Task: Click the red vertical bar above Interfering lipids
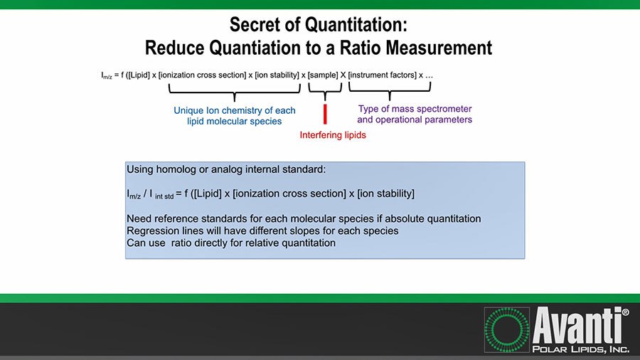pyautogui.click(x=325, y=114)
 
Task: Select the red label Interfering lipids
pyautogui.click(x=333, y=135)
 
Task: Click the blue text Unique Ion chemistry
pyautogui.click(x=235, y=111)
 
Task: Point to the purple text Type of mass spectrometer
pyautogui.click(x=415, y=110)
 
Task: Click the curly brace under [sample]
pyautogui.click(x=325, y=90)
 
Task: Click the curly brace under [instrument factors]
pyautogui.click(x=390, y=90)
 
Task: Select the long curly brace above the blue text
pyautogui.click(x=235, y=91)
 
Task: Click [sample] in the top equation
pyautogui.click(x=324, y=75)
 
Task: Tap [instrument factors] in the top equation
pyautogui.click(x=382, y=75)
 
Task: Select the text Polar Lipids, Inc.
pyautogui.click(x=580, y=348)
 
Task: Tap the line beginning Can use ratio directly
pyautogui.click(x=230, y=243)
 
